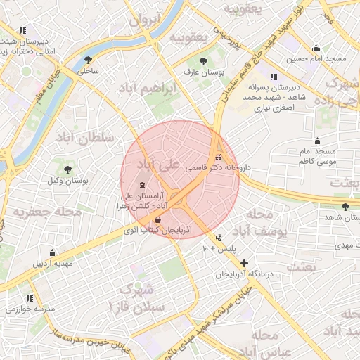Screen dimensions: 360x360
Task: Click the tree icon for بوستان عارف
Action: [x=204, y=61]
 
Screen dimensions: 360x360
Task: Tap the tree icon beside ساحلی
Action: [x=87, y=60]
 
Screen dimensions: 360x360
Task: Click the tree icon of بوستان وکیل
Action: [x=67, y=169]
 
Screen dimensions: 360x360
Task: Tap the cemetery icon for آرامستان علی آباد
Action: [x=134, y=184]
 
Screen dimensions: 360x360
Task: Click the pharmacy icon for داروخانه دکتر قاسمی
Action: [x=217, y=157]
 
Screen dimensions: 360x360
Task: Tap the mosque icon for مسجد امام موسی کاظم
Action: [x=317, y=141]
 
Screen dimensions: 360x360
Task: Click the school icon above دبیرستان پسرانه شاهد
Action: [x=273, y=76]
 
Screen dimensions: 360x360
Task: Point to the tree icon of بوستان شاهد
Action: [x=345, y=206]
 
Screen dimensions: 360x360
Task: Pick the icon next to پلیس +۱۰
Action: [x=219, y=238]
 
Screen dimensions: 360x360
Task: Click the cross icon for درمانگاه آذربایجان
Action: [x=244, y=262]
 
